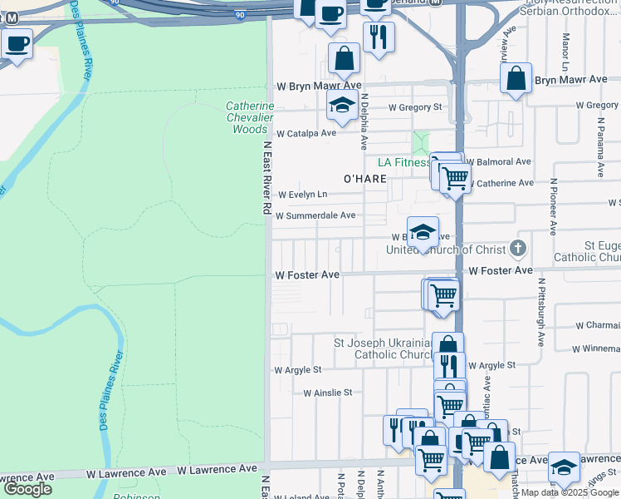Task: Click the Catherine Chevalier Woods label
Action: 250,117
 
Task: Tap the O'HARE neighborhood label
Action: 365,179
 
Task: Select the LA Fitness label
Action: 403,162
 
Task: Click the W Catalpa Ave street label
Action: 306,133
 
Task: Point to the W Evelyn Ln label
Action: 302,195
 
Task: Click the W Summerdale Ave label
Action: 315,215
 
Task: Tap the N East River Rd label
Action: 267,179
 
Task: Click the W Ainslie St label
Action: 328,393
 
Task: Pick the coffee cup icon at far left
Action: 17,43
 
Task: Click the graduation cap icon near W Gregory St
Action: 341,105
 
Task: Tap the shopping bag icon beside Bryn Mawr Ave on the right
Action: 516,79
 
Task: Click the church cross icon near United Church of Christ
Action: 518,248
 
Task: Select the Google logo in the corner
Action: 27,489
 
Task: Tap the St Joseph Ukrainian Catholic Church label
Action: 384,348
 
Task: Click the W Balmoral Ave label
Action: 498,161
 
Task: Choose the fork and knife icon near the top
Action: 379,37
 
